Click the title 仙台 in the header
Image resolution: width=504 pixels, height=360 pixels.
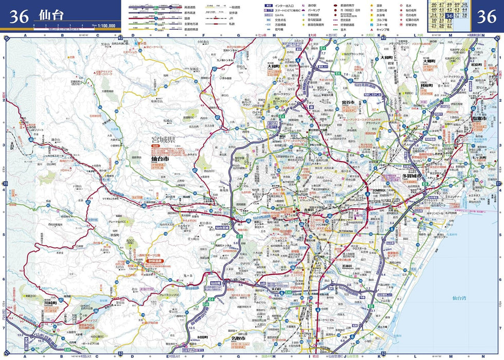[51, 15]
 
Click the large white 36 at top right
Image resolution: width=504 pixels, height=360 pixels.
[486, 16]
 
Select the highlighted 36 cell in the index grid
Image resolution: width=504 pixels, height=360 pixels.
[450, 16]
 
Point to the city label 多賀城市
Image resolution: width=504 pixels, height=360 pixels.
[412, 176]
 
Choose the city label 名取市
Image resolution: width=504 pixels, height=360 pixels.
[238, 338]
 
